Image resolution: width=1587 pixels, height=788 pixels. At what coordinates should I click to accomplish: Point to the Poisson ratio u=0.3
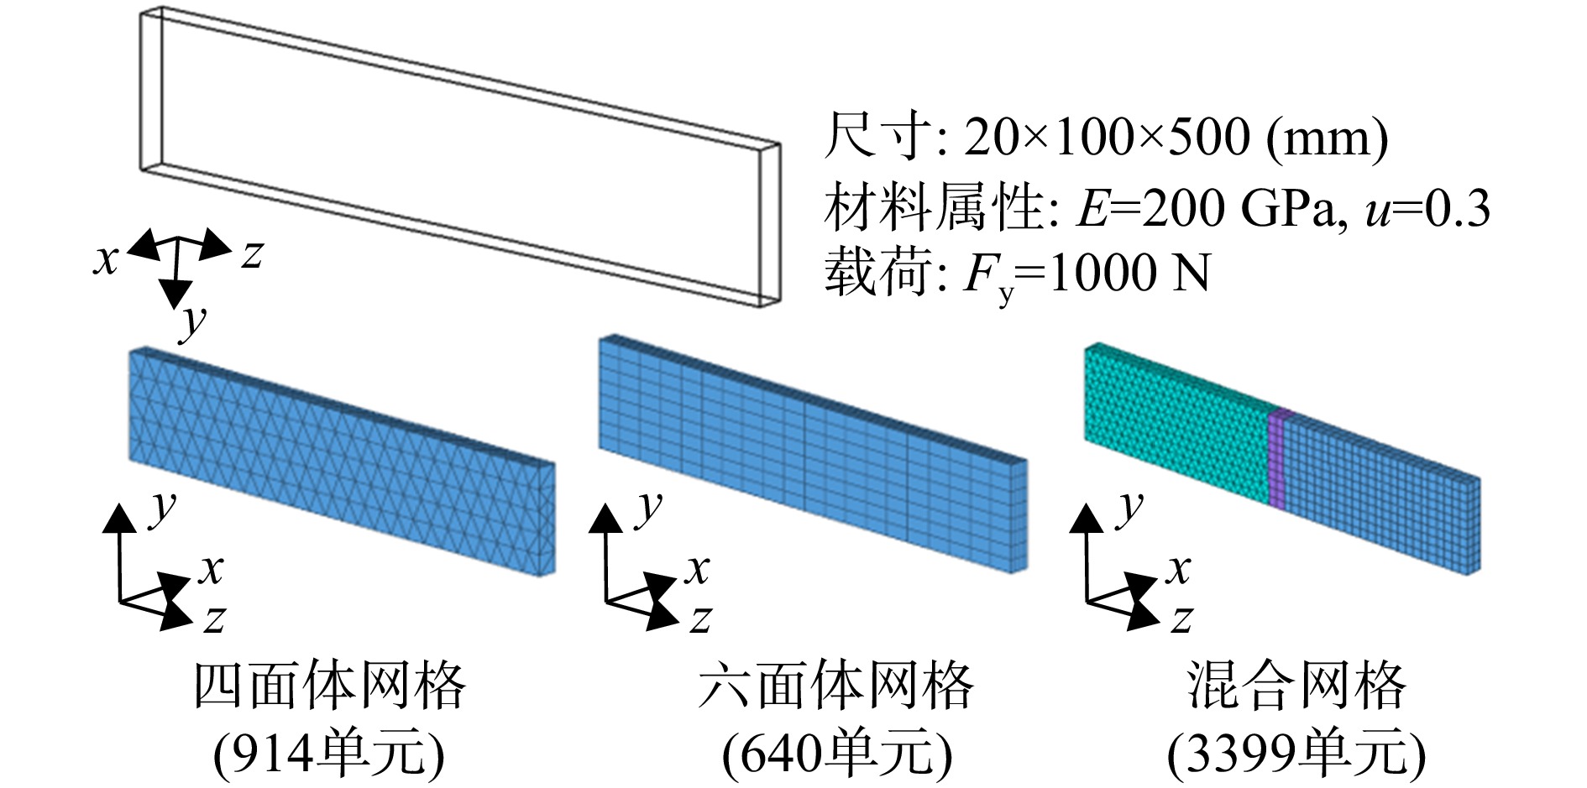pyautogui.click(x=1427, y=207)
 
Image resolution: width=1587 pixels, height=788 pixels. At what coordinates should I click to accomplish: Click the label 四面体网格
pyautogui.click(x=330, y=686)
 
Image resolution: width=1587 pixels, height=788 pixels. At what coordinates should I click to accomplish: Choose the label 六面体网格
pyautogui.click(x=835, y=686)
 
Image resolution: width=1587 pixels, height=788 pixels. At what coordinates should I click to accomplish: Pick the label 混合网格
pyautogui.click(x=1296, y=686)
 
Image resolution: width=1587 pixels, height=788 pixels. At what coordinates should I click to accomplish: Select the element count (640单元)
pyautogui.click(x=836, y=753)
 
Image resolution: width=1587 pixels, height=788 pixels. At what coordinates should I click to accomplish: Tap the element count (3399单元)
pyautogui.click(x=1296, y=753)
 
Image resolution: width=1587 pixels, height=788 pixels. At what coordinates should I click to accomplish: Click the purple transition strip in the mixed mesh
pyautogui.click(x=1276, y=457)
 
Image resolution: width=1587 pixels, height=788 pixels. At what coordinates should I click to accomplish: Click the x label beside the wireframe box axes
pyautogui.click(x=106, y=260)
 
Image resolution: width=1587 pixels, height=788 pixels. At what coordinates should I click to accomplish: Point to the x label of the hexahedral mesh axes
pyautogui.click(x=697, y=570)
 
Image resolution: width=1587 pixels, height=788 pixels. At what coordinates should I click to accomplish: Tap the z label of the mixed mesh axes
pyautogui.click(x=1181, y=619)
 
